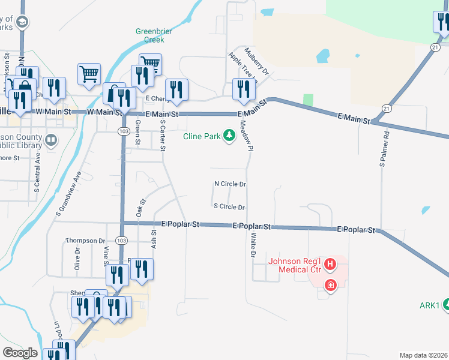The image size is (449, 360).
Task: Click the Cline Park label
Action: (202, 136)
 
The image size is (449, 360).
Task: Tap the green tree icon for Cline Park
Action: (228, 136)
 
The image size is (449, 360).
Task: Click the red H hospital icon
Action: (330, 263)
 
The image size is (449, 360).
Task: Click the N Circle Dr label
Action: (230, 184)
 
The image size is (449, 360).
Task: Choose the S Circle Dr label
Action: (229, 207)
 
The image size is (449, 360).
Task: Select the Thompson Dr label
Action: (85, 241)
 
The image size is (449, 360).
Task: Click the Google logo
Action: (20, 352)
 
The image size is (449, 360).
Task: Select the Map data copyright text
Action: (423, 355)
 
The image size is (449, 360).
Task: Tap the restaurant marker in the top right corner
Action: (442, 22)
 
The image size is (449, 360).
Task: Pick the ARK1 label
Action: (430, 305)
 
